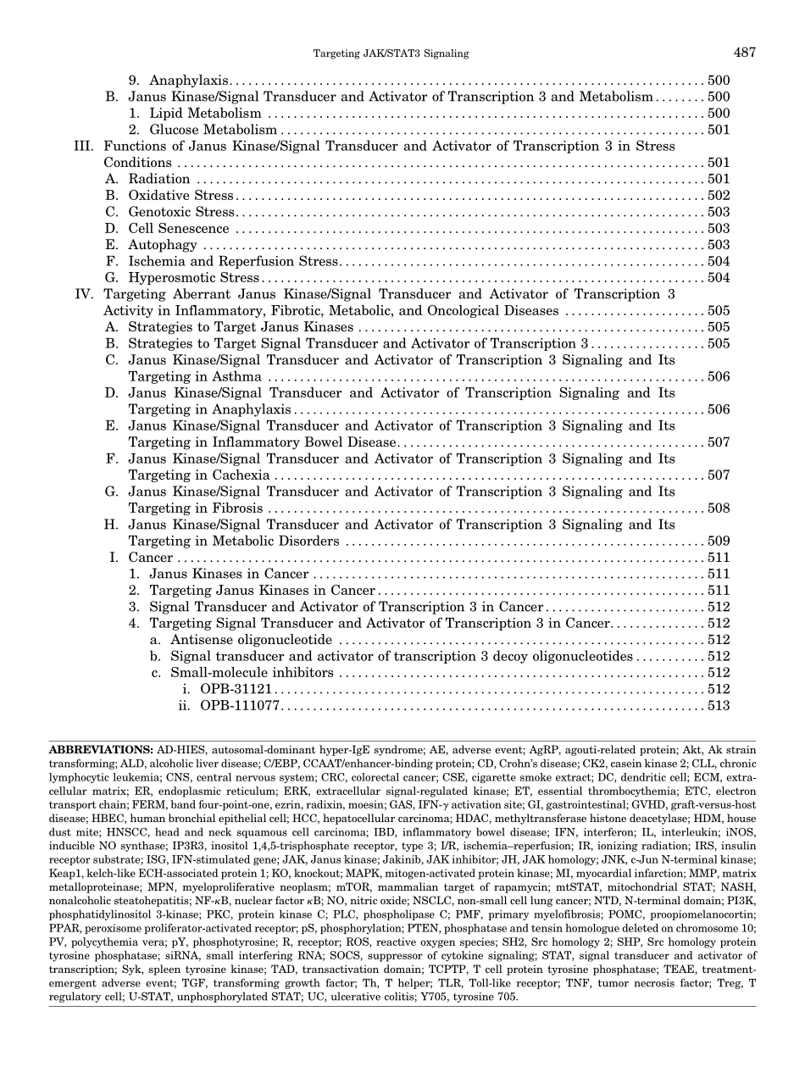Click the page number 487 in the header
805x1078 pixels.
click(745, 53)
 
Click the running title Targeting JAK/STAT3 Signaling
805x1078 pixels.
click(391, 54)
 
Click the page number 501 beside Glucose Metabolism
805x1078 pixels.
click(719, 130)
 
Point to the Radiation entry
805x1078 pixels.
click(158, 179)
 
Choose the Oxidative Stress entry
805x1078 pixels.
click(180, 196)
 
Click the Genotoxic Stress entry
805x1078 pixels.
click(181, 212)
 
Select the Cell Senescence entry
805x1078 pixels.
click(178, 229)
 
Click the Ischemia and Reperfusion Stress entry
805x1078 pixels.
click(233, 262)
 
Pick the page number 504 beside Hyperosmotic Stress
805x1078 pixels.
click(719, 278)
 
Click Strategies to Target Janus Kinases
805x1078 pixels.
click(241, 327)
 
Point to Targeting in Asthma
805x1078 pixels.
click(195, 377)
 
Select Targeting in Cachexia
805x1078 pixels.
click(199, 475)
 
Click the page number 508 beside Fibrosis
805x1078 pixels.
click(719, 508)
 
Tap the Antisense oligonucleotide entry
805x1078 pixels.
click(251, 640)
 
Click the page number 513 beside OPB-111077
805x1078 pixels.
click(719, 706)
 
